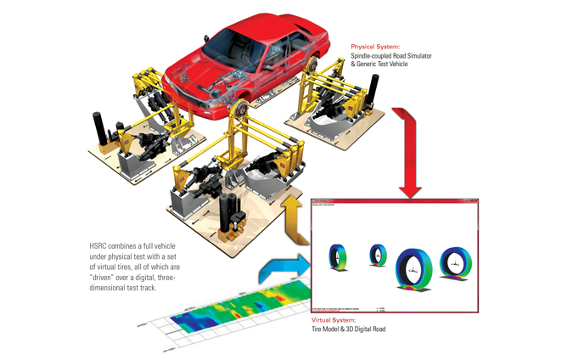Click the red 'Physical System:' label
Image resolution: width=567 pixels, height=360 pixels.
(x=376, y=48)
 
